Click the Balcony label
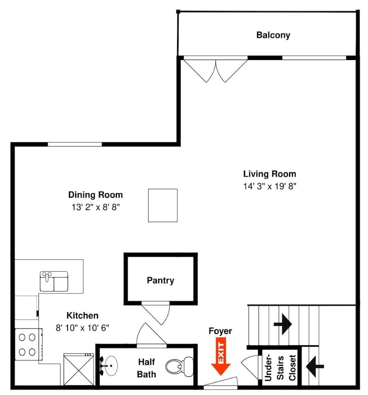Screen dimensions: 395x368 tap(273, 35)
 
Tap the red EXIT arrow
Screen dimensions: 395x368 tap(221, 358)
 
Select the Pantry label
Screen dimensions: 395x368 tap(160, 280)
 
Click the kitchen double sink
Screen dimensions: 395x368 tap(54, 281)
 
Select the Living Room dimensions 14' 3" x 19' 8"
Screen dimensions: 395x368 tap(270, 186)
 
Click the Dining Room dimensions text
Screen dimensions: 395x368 tap(95, 207)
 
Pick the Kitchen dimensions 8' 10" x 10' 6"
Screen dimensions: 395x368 tap(82, 327)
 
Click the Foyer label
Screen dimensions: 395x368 tap(220, 331)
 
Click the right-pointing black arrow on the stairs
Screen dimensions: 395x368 tap(283, 324)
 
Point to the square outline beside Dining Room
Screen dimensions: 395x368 tap(162, 205)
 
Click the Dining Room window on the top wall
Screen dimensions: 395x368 tap(75, 144)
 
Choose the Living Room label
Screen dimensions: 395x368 tap(270, 174)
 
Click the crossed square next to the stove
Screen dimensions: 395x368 tap(79, 369)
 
